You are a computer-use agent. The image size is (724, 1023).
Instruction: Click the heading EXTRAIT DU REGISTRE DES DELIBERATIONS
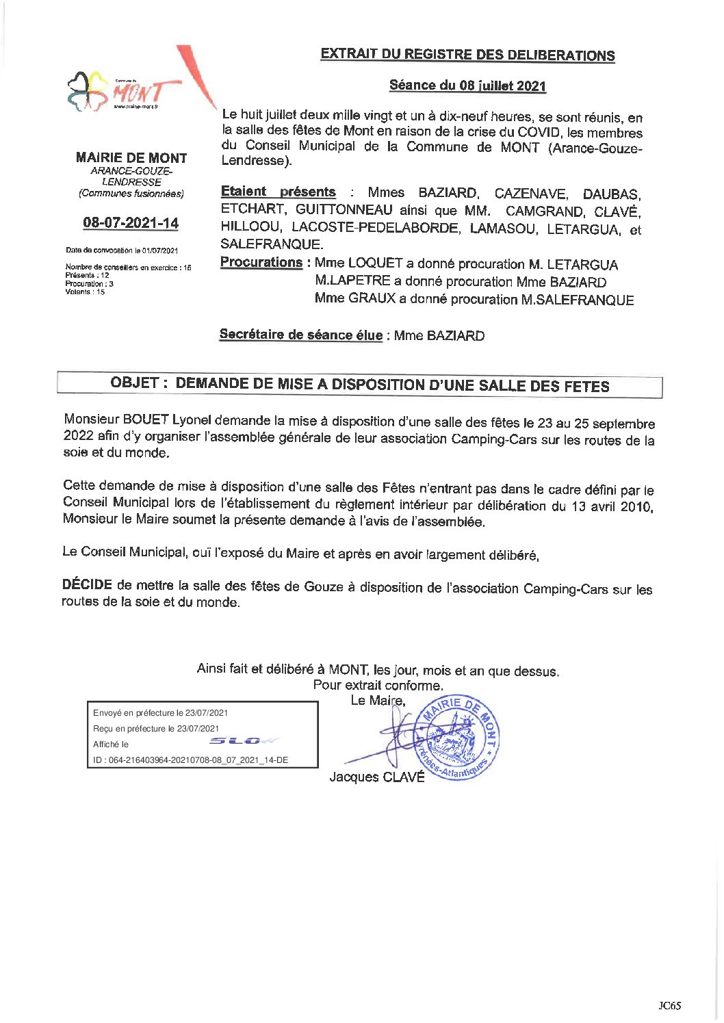(x=467, y=55)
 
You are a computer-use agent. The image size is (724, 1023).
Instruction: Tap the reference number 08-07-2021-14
(x=131, y=222)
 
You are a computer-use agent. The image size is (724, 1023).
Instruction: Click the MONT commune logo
(x=127, y=91)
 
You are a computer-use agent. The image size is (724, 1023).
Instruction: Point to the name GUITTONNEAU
(x=344, y=210)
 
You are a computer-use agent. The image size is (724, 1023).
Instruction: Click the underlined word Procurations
(x=261, y=262)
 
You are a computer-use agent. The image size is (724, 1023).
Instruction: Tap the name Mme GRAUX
(x=355, y=298)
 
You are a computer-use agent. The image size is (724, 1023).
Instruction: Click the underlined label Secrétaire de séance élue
(x=300, y=335)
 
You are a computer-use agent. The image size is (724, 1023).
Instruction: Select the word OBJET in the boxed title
(x=135, y=383)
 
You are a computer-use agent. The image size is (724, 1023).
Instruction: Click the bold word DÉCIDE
(x=87, y=584)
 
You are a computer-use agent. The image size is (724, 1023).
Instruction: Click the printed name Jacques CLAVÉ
(x=377, y=777)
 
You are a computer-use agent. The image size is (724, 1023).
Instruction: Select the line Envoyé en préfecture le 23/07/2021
(x=161, y=712)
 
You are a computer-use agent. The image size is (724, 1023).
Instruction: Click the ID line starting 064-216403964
(x=191, y=760)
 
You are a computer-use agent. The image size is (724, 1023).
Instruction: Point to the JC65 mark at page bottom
(x=669, y=1005)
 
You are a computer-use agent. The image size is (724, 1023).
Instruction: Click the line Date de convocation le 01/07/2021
(x=122, y=250)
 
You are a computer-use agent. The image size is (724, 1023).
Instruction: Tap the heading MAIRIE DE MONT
(x=131, y=158)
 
